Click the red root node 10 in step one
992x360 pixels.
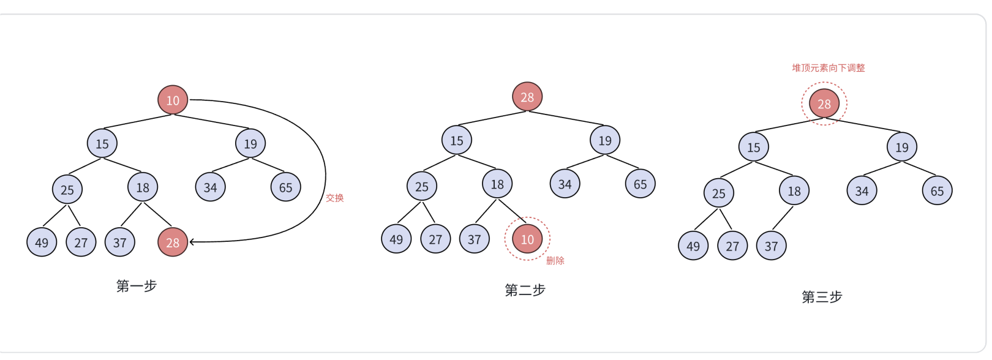173,100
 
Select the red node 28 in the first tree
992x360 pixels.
173,242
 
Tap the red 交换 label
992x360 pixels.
334,198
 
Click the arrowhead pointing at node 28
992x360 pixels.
192,242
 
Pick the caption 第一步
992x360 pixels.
137,286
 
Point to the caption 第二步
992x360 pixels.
525,290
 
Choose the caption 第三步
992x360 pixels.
822,297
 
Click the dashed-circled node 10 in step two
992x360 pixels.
527,239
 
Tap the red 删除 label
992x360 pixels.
555,261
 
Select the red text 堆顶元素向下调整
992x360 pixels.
828,68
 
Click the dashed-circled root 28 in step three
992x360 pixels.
824,103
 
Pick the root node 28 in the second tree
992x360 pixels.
527,97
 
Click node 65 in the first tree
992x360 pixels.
286,187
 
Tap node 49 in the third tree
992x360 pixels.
693,246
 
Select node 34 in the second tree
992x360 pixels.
565,184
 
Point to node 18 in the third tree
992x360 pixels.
794,191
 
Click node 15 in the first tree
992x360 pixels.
102,144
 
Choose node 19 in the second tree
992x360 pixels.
605,140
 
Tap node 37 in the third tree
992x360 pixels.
771,246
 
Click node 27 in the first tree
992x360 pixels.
81,242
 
